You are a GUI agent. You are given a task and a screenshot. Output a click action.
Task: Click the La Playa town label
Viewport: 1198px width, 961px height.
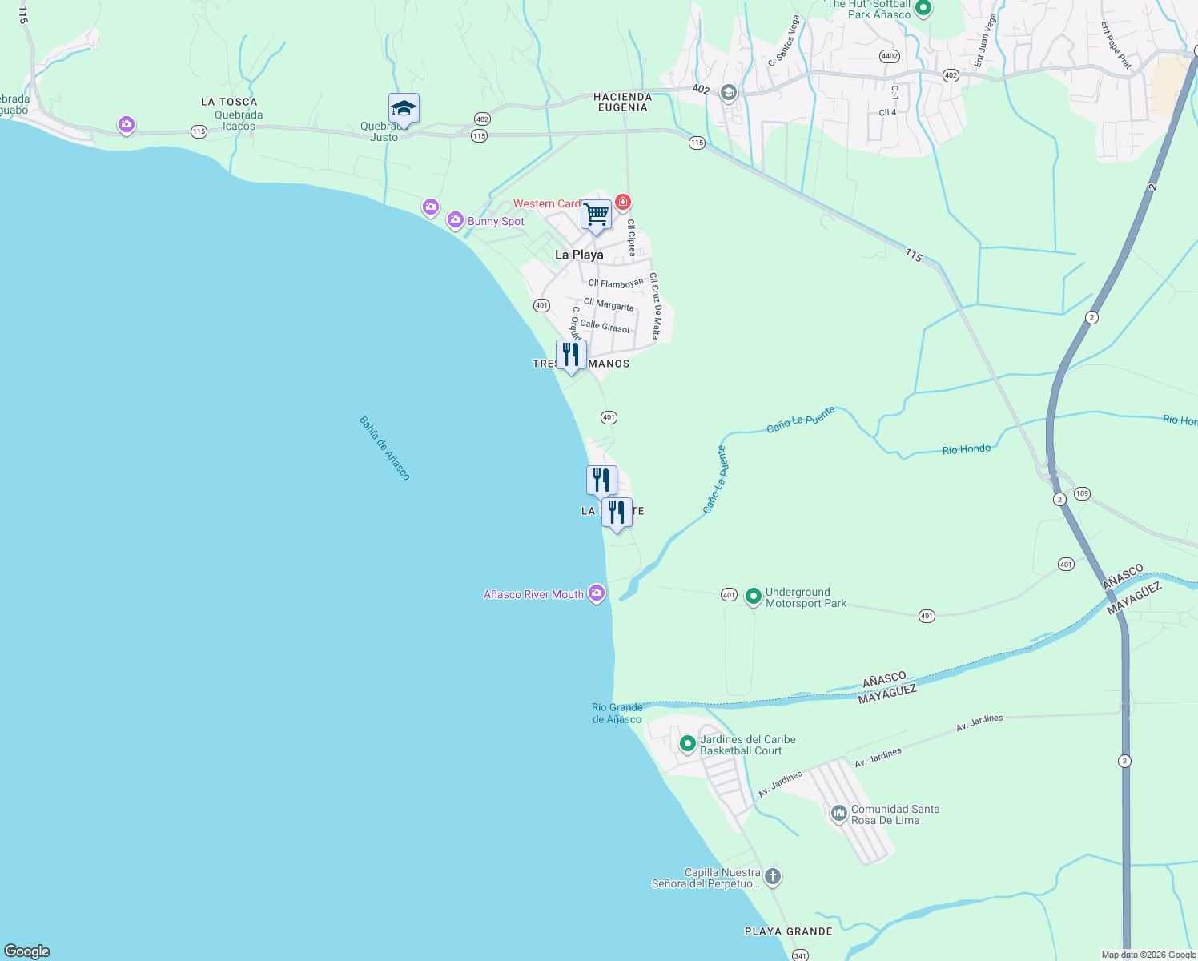pyautogui.click(x=579, y=255)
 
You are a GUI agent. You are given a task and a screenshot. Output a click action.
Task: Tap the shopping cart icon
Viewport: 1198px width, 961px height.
pyautogui.click(x=597, y=215)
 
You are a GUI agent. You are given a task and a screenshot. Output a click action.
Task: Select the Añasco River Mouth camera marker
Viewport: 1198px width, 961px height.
pyautogui.click(x=596, y=593)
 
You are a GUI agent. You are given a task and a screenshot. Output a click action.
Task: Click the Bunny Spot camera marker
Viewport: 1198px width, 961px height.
pyautogui.click(x=456, y=219)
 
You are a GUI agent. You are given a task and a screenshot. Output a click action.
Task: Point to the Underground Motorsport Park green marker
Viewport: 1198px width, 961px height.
pyautogui.click(x=753, y=597)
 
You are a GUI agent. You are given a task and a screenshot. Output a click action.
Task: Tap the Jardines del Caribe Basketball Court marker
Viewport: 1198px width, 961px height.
pyautogui.click(x=687, y=744)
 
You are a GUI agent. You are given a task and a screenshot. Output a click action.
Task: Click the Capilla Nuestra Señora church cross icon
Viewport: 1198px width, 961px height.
pyautogui.click(x=773, y=876)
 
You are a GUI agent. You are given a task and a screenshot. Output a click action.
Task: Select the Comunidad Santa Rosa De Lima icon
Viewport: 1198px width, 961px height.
pyautogui.click(x=838, y=814)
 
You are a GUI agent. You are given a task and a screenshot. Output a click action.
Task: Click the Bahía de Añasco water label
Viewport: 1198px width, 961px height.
pyautogui.click(x=384, y=448)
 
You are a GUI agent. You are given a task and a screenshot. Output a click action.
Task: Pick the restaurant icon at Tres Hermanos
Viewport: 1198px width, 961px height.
pyautogui.click(x=571, y=354)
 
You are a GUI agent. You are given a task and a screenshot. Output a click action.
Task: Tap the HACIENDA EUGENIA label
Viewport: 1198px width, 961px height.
pyautogui.click(x=622, y=102)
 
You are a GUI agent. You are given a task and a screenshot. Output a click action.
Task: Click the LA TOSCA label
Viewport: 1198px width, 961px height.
pyautogui.click(x=229, y=102)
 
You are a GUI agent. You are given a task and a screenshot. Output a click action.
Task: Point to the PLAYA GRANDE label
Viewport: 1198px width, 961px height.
pyautogui.click(x=788, y=931)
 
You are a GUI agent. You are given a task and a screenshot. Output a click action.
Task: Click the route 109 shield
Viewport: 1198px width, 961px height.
pyautogui.click(x=1082, y=493)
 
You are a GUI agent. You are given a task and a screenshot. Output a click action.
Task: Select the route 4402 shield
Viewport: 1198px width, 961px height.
pyautogui.click(x=889, y=56)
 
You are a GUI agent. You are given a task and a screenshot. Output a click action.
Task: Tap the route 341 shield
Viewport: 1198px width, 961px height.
pyautogui.click(x=799, y=955)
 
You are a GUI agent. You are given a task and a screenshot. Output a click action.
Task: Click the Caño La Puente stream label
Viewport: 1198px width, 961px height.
pyautogui.click(x=800, y=420)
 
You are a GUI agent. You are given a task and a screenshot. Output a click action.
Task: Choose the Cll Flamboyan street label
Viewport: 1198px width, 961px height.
pyautogui.click(x=616, y=283)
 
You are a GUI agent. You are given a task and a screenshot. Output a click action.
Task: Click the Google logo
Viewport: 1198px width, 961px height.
pyautogui.click(x=27, y=951)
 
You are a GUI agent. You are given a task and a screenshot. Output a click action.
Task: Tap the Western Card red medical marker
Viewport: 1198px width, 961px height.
pyautogui.click(x=623, y=202)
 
